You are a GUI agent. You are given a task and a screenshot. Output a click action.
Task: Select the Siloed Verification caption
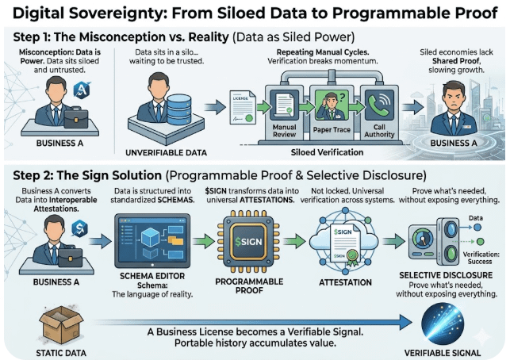(327, 151)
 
